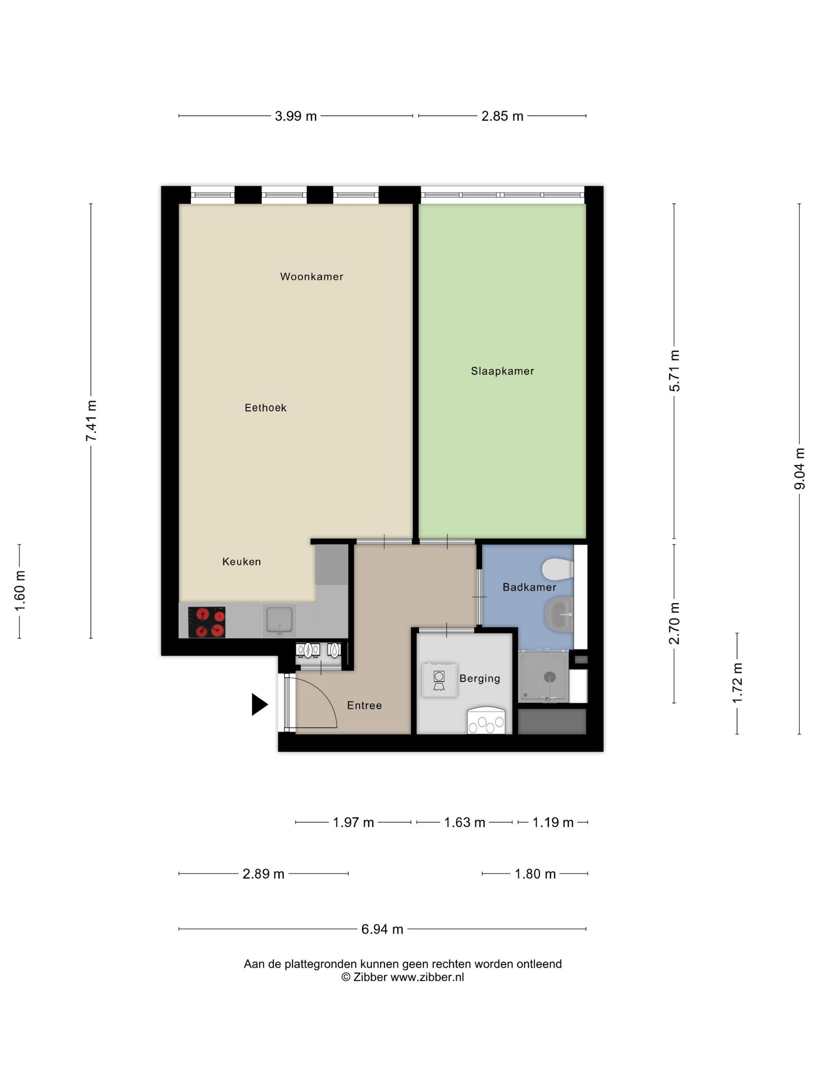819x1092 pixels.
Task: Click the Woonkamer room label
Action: point(312,277)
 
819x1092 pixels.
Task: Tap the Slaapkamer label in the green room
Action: point(502,371)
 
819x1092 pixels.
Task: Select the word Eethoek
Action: point(266,408)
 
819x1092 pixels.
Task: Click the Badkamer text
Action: point(529,587)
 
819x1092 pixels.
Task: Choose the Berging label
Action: point(479,679)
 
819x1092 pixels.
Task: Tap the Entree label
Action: point(364,706)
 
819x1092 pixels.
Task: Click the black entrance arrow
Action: point(260,704)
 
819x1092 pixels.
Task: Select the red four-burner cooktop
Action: point(207,622)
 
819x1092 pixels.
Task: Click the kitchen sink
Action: point(279,620)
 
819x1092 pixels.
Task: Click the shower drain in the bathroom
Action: point(550,676)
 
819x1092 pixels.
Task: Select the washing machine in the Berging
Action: point(439,680)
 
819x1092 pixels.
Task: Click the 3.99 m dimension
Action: point(296,116)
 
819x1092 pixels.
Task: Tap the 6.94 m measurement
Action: point(382,929)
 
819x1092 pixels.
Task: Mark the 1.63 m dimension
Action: point(464,823)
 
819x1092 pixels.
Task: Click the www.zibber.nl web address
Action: point(427,977)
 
